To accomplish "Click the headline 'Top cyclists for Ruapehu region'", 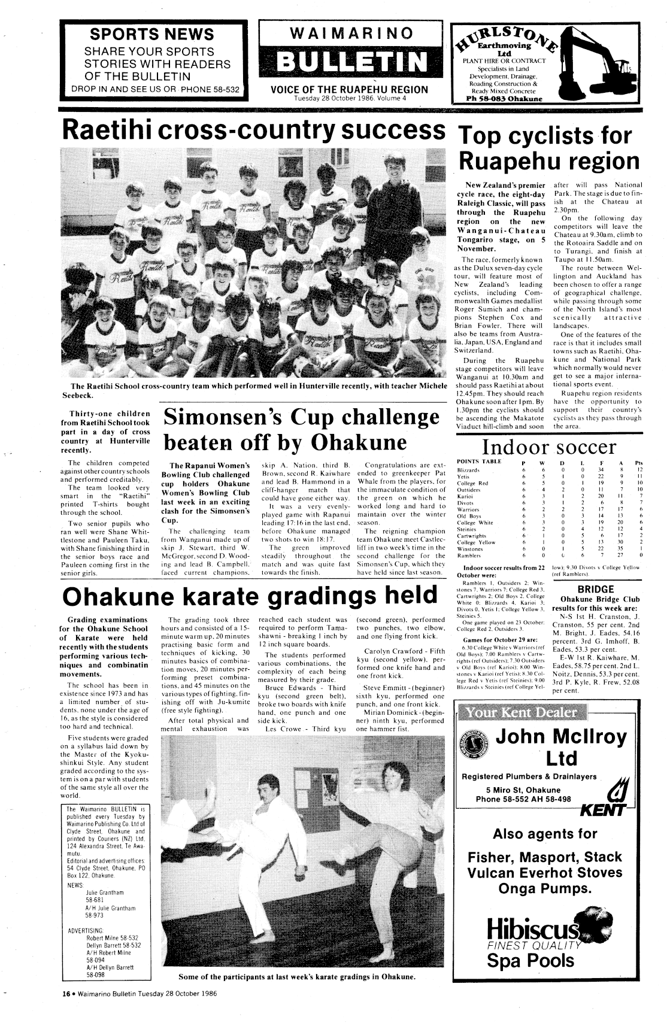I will [548, 149].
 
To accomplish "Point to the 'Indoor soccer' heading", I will [549, 447].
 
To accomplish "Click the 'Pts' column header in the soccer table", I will [638, 462].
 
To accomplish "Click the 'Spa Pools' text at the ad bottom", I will [530, 960].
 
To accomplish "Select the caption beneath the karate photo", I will [296, 978].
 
